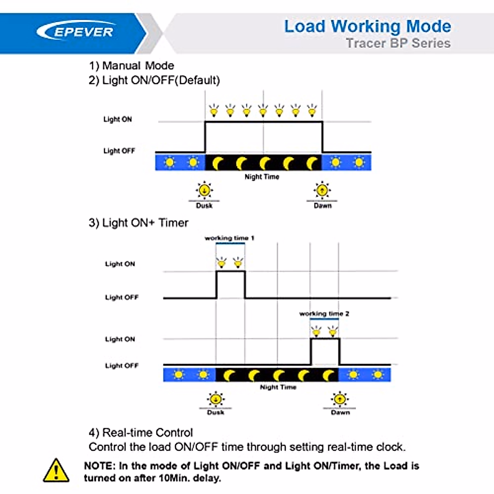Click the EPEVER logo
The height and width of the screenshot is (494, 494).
click(x=75, y=32)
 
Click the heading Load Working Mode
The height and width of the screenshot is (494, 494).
click(x=367, y=26)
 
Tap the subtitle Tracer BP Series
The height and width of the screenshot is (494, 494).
click(x=398, y=43)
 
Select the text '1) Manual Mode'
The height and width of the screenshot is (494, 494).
click(x=131, y=66)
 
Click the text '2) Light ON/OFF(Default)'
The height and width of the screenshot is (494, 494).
click(x=154, y=80)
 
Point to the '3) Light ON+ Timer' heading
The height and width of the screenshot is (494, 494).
click(x=138, y=223)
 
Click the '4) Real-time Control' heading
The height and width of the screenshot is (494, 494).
click(x=140, y=433)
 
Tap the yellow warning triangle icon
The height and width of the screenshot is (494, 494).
click(x=56, y=470)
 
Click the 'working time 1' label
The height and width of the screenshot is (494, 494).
click(x=229, y=238)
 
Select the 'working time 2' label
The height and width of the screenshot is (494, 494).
click(x=324, y=314)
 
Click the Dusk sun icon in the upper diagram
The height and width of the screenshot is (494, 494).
click(x=204, y=190)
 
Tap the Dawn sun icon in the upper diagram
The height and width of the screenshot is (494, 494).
click(x=322, y=190)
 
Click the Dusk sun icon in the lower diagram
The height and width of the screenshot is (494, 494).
click(x=215, y=399)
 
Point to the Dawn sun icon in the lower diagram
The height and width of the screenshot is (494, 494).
click(x=340, y=399)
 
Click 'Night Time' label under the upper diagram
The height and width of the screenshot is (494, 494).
click(x=262, y=177)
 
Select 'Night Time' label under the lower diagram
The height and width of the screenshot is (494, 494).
click(x=278, y=387)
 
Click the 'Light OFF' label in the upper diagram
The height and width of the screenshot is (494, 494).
click(x=119, y=151)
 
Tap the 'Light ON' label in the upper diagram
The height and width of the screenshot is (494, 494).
click(x=117, y=119)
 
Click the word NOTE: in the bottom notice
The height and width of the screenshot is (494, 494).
click(x=100, y=466)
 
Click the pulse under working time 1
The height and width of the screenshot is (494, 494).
click(x=231, y=284)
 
